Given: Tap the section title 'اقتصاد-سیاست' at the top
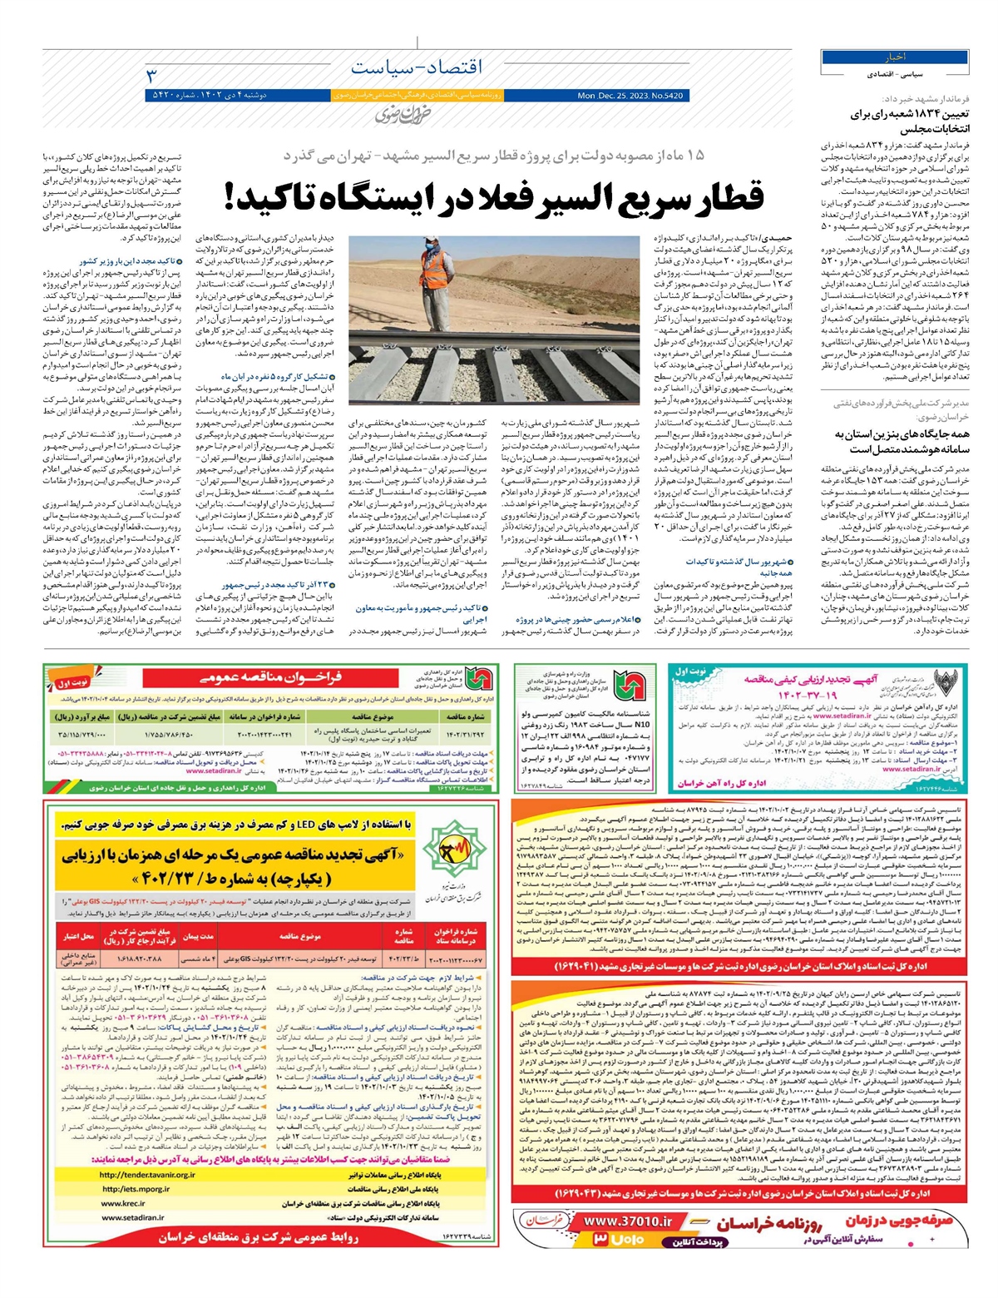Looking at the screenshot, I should [417, 67].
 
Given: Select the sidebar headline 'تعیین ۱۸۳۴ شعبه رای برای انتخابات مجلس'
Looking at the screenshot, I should [910, 121].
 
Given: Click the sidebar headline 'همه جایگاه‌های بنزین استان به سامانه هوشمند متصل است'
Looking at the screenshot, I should [902, 441].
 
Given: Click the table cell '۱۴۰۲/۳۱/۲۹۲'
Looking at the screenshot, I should [464, 735].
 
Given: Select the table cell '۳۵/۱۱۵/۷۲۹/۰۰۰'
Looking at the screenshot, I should [82, 735].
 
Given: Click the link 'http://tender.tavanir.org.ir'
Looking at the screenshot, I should [147, 1175].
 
